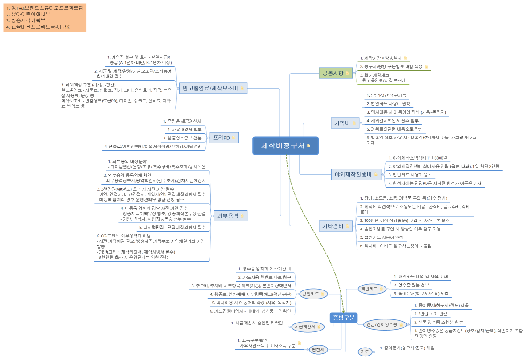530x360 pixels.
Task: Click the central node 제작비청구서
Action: [x=283, y=146]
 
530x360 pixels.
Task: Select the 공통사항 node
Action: [x=333, y=73]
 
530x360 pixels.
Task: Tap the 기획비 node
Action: [x=342, y=123]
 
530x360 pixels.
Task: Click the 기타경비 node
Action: [x=333, y=226]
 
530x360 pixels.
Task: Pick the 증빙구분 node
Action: [x=343, y=318]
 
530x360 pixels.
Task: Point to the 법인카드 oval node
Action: [x=310, y=294]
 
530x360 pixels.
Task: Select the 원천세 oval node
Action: [x=317, y=350]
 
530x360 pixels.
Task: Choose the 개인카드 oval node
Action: [x=369, y=289]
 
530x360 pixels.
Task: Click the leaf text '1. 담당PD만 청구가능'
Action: [x=386, y=95]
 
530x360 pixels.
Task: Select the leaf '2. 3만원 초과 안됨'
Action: [x=431, y=314]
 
